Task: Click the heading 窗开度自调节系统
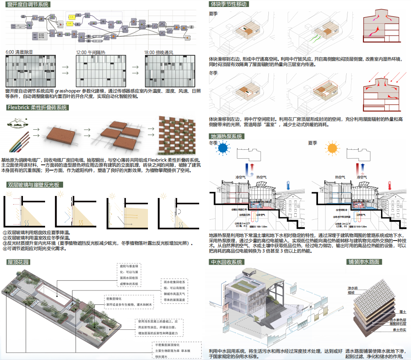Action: pyautogui.click(x=28, y=5)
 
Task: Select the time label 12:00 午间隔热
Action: pyautogui.click(x=91, y=52)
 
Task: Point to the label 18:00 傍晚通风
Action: pyautogui.click(x=159, y=52)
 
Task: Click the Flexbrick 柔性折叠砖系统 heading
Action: pyautogui.click(x=37, y=108)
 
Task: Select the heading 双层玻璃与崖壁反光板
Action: pyautogui.click(x=34, y=184)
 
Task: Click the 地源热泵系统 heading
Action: pyautogui.click(x=226, y=136)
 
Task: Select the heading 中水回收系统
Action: pyautogui.click(x=226, y=262)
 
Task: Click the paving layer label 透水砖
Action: pyautogui.click(x=352, y=288)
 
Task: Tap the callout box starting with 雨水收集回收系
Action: pyautogui.click(x=176, y=291)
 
